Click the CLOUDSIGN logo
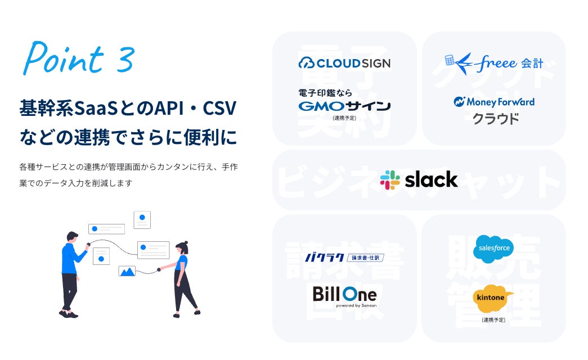(344, 63)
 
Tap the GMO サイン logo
(344, 106)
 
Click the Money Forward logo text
(494, 102)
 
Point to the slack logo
(419, 179)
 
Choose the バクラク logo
(344, 258)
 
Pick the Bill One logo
(344, 295)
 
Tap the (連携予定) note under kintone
(493, 319)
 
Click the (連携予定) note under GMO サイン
(344, 118)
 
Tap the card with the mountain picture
(127, 271)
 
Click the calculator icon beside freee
(450, 60)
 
